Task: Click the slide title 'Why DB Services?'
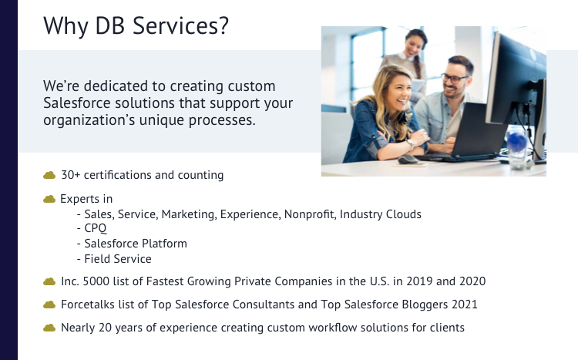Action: click(136, 25)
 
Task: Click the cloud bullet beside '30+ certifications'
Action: click(50, 175)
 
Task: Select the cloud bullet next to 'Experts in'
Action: click(50, 199)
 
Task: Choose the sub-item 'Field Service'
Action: click(118, 259)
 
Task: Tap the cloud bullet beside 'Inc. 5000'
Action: click(50, 281)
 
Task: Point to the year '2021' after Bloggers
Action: click(462, 304)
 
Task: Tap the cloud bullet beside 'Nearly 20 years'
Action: click(50, 328)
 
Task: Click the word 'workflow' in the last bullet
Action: click(326, 328)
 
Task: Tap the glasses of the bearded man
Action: click(455, 77)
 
